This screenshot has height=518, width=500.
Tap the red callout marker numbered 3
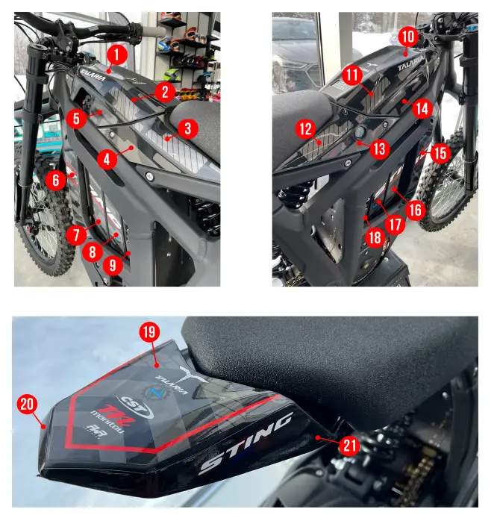pos(188,128)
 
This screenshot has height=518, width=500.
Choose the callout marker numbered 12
pos(304,129)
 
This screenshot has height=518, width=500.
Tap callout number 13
pos(380,149)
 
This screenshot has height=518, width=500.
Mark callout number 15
pos(440,154)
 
